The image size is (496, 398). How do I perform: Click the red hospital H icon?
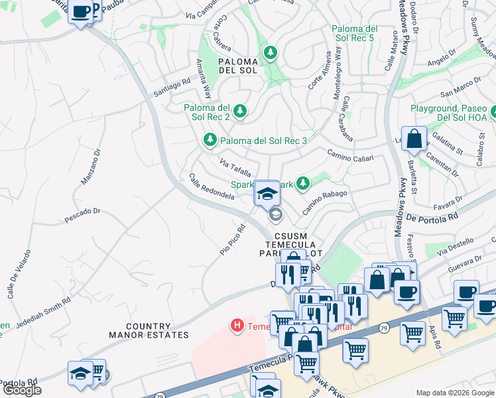[x=236, y=325]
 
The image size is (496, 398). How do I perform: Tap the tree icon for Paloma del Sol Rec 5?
[x=270, y=52]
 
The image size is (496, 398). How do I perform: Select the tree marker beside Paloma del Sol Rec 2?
[x=239, y=111]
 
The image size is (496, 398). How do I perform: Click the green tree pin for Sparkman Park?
[x=303, y=182]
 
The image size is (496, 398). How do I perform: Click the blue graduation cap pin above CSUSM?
[x=267, y=194]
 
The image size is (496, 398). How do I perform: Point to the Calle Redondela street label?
[x=212, y=187]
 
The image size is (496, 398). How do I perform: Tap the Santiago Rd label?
[x=172, y=88]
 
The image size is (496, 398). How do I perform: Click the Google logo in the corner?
[x=22, y=390]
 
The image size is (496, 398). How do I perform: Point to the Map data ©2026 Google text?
[x=455, y=393]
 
